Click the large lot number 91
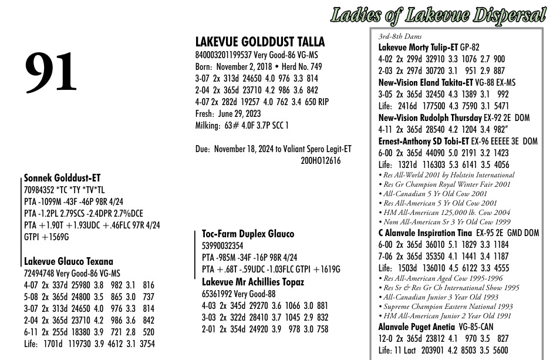51,73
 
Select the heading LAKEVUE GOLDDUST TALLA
259,42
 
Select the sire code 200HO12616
320,160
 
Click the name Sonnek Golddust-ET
62,177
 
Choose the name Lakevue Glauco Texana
68,261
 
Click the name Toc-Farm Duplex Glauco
248,234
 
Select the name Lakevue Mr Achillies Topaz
253,282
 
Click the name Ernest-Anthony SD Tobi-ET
424,141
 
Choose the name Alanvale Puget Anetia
416,327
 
